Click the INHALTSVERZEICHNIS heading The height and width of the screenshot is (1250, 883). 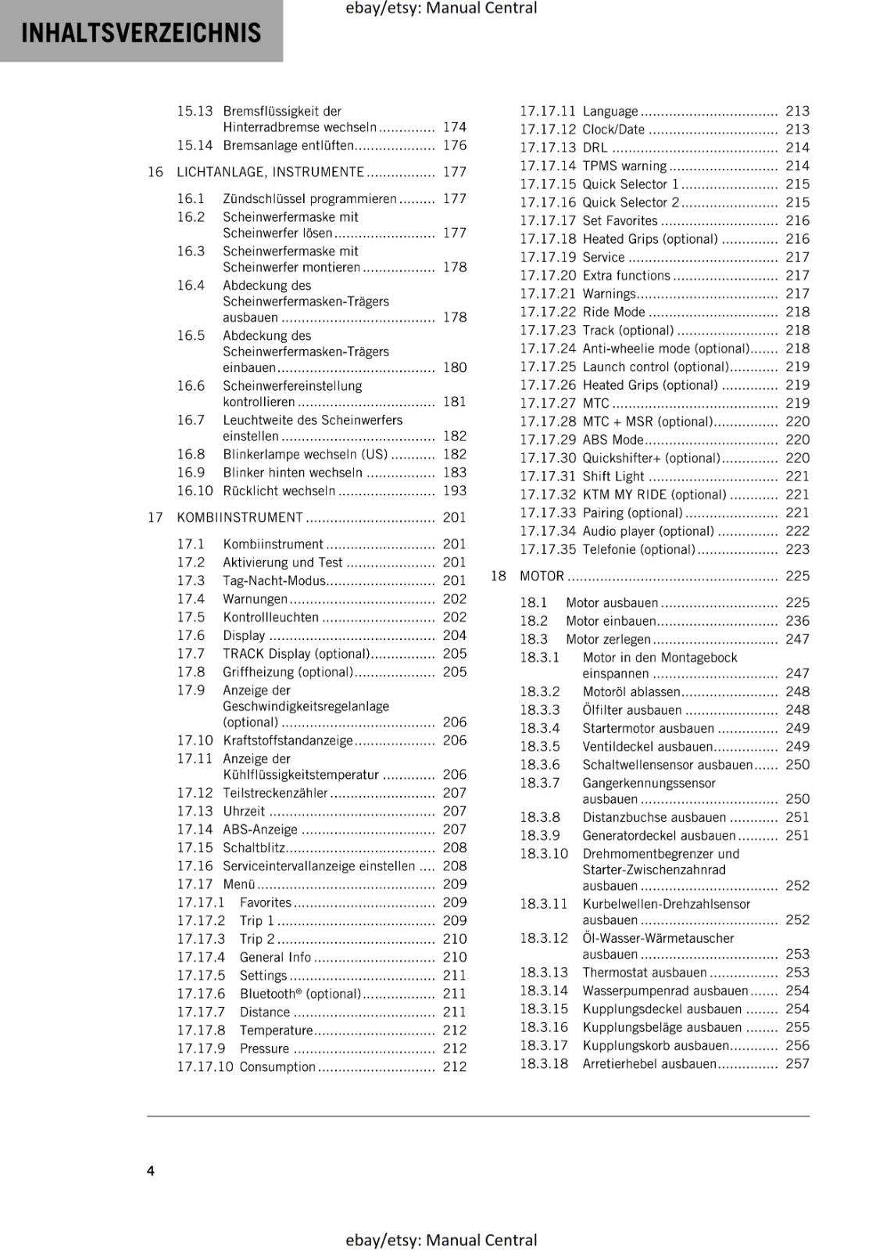[x=141, y=33]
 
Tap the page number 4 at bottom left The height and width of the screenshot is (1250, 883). [x=151, y=1170]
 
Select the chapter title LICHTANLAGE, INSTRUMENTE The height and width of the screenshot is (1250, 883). [x=270, y=172]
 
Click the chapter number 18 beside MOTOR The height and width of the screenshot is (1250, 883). [x=498, y=576]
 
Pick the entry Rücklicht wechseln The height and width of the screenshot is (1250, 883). [x=279, y=491]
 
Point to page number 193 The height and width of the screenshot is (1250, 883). [x=454, y=491]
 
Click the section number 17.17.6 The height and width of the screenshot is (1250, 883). [x=201, y=994]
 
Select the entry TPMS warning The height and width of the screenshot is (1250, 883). [x=624, y=166]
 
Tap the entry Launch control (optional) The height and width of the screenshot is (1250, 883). [x=655, y=366]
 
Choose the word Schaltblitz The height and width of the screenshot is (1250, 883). [x=253, y=848]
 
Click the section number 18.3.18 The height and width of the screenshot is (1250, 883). [x=544, y=1063]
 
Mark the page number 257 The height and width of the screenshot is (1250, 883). [x=797, y=1063]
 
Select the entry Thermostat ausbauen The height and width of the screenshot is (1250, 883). [x=644, y=972]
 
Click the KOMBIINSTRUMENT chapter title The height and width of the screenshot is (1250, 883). [x=240, y=517]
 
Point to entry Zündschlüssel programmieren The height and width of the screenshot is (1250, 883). [x=309, y=198]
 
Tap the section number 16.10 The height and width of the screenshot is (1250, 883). [x=195, y=491]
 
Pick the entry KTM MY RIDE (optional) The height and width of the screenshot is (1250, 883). [x=654, y=495]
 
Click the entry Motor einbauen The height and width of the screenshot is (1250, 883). [x=610, y=621]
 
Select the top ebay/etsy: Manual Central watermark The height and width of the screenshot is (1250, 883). [x=441, y=9]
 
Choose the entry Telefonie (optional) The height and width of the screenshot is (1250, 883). [x=638, y=549]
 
